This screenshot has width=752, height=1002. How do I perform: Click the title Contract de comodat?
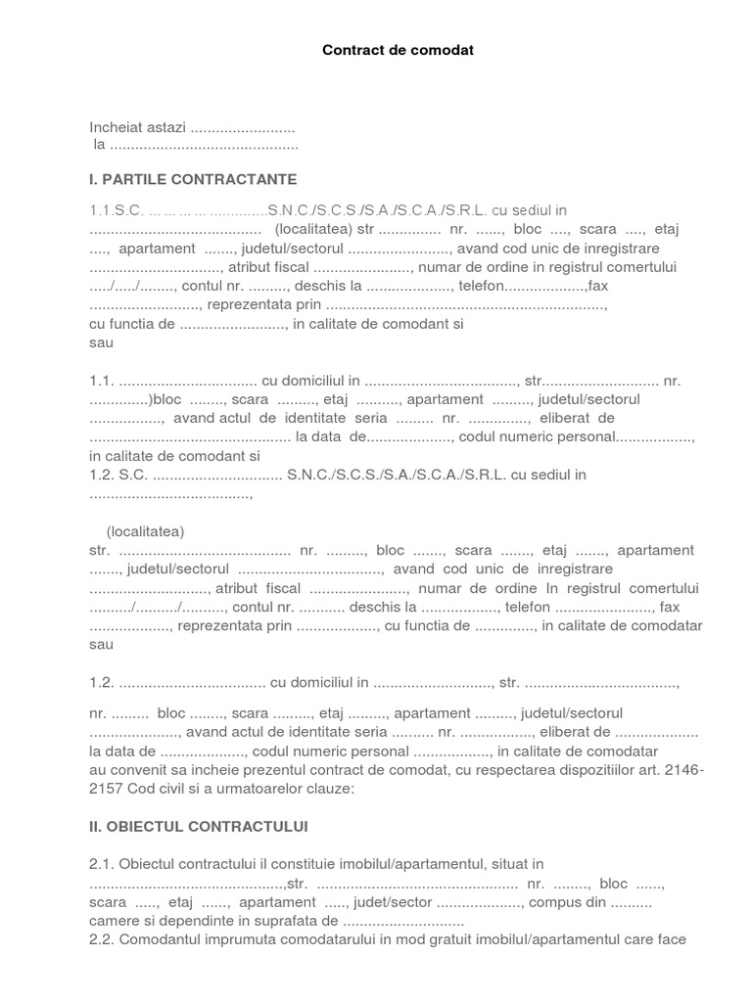coord(398,49)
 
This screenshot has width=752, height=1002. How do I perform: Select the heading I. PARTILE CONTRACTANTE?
coord(193,180)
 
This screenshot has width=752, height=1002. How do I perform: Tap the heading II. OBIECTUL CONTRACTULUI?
coord(199,827)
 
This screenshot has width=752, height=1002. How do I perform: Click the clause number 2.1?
coord(102,864)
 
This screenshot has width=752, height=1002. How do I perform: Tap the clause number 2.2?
coord(102,940)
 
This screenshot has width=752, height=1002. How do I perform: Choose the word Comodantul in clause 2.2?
coord(162,940)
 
